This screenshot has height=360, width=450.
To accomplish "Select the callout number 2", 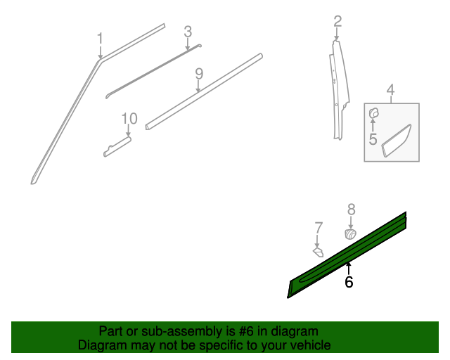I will coord(337,21).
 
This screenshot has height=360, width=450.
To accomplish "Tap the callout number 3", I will coord(188,31).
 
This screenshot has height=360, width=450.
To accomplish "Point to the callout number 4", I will coord(390,89).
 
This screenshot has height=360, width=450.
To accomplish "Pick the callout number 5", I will coord(373,139).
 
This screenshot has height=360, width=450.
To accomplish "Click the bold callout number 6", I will coord(349,282).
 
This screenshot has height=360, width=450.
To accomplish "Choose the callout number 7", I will coord(319,227).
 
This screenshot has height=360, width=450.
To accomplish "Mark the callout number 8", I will coord(351,208).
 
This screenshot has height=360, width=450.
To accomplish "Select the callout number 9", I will coord(199,73).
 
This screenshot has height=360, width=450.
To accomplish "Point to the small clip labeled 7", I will coord(318,251).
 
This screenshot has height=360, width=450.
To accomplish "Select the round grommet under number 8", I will coord(350,234).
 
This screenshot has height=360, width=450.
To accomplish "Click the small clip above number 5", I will coord(374,112).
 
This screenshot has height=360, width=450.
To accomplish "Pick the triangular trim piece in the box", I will coord(397,141).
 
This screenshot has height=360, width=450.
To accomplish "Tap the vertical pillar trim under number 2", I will coord(339,91).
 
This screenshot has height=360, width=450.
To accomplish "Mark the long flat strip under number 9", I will coord(204,91).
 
